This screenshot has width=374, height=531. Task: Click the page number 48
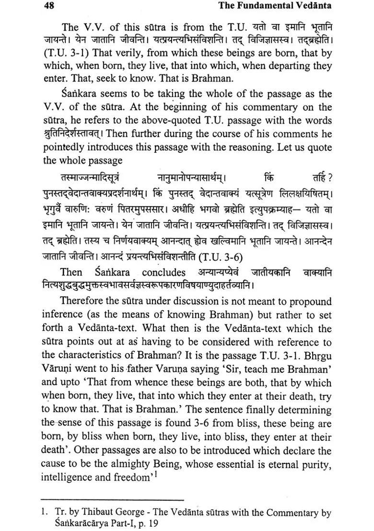pyautogui.click(x=48, y=6)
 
